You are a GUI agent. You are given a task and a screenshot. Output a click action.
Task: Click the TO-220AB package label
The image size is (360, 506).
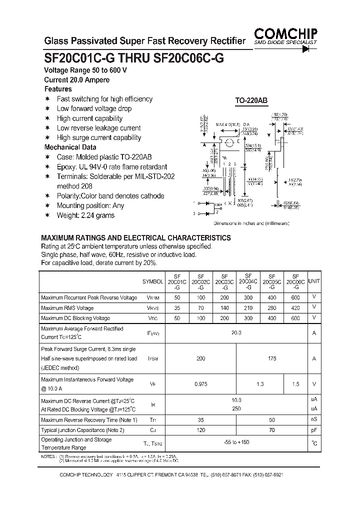(x=251, y=100)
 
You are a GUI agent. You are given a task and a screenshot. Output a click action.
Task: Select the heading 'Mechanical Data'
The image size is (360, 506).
(x=70, y=147)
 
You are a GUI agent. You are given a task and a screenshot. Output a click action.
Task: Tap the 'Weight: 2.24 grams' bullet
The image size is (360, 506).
(x=85, y=215)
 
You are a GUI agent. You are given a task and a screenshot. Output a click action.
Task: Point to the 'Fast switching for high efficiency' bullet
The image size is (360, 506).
(x=104, y=99)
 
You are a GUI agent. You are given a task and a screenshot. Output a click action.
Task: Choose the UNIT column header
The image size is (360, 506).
(x=314, y=282)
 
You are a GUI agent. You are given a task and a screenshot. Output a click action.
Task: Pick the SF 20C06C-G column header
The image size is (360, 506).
(x=295, y=281)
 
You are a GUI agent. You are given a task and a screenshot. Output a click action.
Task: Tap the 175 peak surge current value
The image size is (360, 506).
(x=271, y=358)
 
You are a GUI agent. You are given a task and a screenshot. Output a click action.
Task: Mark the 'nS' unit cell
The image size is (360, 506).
(x=314, y=419)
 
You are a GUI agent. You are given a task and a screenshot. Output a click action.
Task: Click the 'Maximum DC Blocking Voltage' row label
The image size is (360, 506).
(x=75, y=318)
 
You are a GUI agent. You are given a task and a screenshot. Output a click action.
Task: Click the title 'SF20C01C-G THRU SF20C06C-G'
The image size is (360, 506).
(x=134, y=57)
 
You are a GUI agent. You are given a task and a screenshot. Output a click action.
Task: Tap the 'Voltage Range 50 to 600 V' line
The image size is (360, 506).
(x=85, y=70)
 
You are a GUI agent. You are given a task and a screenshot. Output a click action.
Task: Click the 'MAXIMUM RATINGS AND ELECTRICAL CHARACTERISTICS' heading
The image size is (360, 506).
(x=135, y=237)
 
